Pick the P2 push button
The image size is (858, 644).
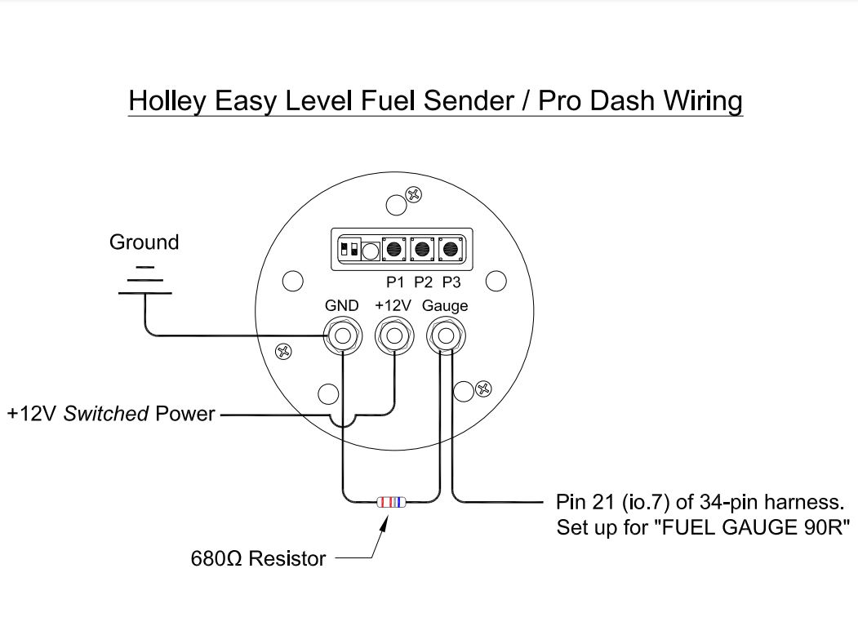pyautogui.click(x=423, y=248)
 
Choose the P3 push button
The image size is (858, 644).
pyautogui.click(x=451, y=248)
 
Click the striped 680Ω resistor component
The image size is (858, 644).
pyautogui.click(x=390, y=503)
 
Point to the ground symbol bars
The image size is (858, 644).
pyautogui.click(x=144, y=280)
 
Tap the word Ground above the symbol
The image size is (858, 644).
pyautogui.click(x=144, y=242)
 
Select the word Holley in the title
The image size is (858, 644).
pyautogui.click(x=167, y=101)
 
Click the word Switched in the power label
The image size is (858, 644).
pyautogui.click(x=106, y=414)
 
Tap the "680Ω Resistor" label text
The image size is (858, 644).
pyautogui.click(x=258, y=559)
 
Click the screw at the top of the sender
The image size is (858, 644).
pyautogui.click(x=415, y=194)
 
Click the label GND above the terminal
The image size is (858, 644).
pyautogui.click(x=341, y=306)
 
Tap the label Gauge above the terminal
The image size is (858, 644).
pyautogui.click(x=445, y=306)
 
